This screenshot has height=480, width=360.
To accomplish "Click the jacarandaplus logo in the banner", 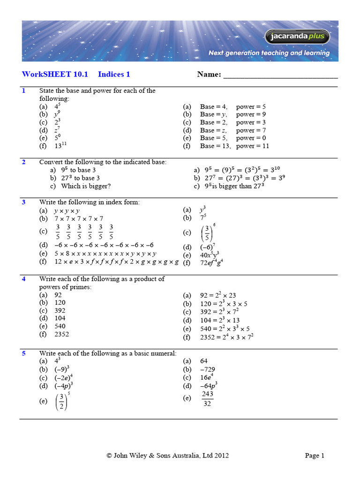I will pyautogui.click(x=298, y=37).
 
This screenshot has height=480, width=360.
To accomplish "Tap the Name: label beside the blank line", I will pyautogui.click(x=209, y=74).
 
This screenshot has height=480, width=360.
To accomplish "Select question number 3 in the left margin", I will pyautogui.click(x=24, y=202).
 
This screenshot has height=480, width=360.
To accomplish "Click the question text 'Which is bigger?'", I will pyautogui.click(x=86, y=186).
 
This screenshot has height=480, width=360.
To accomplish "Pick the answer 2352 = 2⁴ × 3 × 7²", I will pyautogui.click(x=227, y=337).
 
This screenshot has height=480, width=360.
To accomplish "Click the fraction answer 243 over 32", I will pyautogui.click(x=207, y=398).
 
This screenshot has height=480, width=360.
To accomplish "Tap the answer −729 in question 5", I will pyautogui.click(x=208, y=369).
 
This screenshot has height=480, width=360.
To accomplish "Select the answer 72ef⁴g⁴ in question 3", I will pyautogui.click(x=211, y=263).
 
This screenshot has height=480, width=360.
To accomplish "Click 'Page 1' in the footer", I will pyautogui.click(x=315, y=455).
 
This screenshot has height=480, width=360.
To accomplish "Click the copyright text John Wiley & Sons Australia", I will pyautogui.click(x=168, y=455).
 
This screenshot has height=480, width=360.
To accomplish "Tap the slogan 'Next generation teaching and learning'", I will pyautogui.click(x=269, y=53).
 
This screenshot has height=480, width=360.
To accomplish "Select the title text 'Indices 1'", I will pyautogui.click(x=114, y=74).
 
